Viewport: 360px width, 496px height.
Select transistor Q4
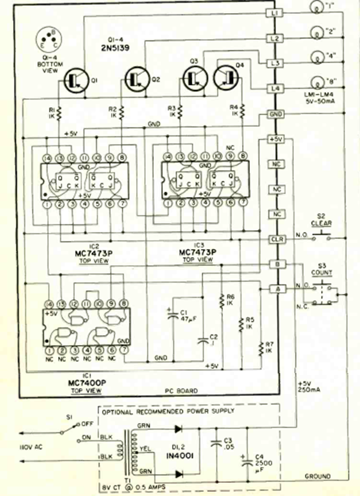click(225, 75)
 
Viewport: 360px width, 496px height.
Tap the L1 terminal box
click(274, 13)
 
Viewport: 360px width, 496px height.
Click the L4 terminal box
click(274, 89)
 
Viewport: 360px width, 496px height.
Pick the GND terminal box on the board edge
click(274, 115)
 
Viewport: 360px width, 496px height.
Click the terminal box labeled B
click(274, 264)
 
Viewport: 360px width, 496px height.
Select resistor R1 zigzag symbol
click(59, 111)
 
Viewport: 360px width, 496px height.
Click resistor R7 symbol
click(261, 348)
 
